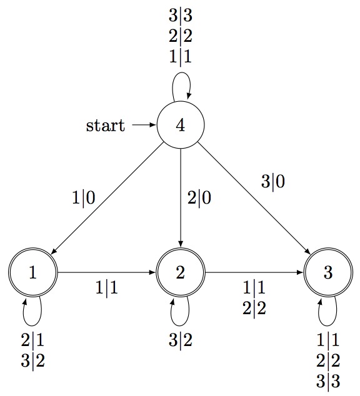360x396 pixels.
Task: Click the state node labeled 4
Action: point(181,125)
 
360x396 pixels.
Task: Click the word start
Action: point(106,126)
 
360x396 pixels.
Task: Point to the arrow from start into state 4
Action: point(144,125)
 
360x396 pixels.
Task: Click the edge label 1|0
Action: point(84,198)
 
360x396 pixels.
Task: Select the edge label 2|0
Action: point(199,198)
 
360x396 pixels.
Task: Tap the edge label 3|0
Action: point(273,182)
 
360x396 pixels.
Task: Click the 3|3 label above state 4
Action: point(181,16)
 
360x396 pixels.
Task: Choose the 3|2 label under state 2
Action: point(181,340)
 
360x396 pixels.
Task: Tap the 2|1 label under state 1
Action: point(33,340)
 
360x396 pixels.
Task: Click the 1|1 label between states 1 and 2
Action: point(107,288)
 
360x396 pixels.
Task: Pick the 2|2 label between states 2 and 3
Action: point(254,309)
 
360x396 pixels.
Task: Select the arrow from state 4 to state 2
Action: point(181,198)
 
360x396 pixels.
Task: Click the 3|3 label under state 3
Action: point(328,382)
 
